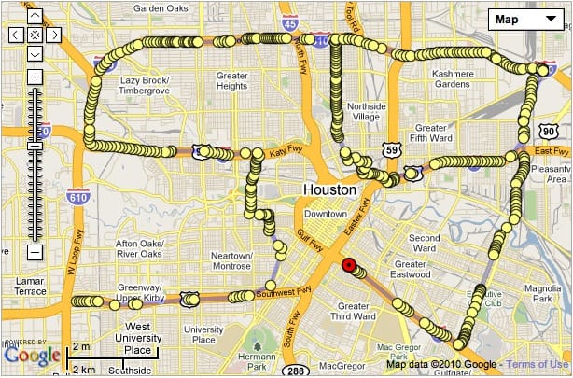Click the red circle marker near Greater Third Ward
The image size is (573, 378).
350,266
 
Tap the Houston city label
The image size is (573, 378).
329,189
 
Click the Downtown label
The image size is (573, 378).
326,213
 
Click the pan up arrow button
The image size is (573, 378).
34,17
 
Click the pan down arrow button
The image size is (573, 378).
34,52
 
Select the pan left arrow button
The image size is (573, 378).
16,35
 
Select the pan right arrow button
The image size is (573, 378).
52,35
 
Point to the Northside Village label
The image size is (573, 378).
366,112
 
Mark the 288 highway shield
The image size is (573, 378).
292,371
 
